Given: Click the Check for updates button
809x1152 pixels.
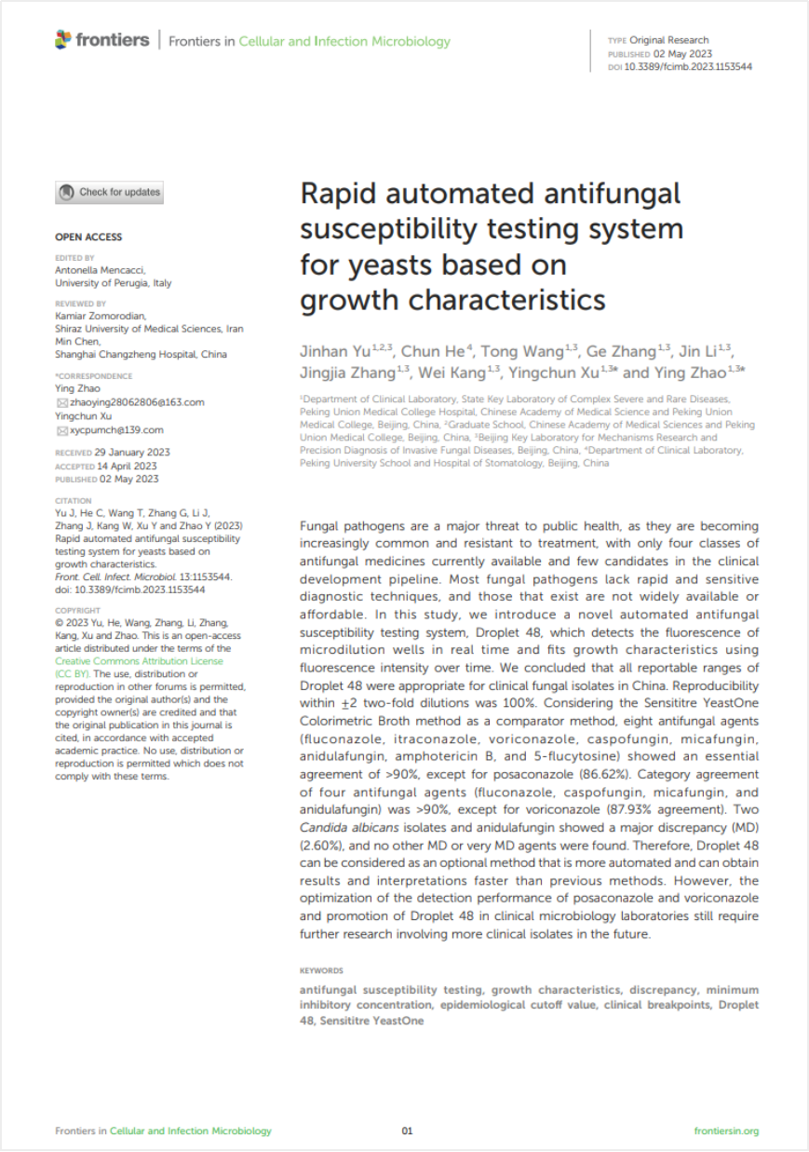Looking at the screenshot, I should pos(110,193).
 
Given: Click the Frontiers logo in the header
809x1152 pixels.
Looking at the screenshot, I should pos(102,40).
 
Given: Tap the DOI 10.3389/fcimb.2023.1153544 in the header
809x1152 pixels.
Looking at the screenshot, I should pos(687,67).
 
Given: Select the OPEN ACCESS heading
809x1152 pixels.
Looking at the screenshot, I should pos(88,237).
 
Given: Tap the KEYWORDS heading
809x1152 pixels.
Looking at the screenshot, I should pos(321,970).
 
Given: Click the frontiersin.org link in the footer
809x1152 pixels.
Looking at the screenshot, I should pos(726,1132).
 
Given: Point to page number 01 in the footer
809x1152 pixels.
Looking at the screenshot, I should pos(407,1132).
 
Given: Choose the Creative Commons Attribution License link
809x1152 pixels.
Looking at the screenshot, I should pos(139,660).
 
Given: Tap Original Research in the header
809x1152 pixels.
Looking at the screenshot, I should pos(668,40).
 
